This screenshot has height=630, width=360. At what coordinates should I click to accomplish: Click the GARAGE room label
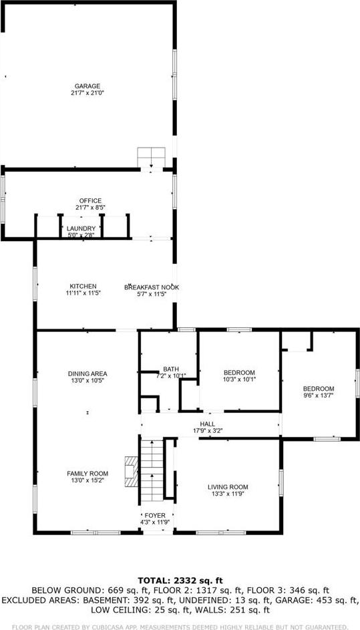87,86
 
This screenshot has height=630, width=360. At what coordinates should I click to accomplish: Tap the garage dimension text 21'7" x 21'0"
87,93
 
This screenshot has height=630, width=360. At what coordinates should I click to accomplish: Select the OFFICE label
90,200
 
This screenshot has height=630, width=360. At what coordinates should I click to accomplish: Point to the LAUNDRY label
81,228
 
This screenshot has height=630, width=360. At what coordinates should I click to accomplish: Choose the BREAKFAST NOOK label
152,287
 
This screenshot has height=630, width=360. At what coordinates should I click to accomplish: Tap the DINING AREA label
87,373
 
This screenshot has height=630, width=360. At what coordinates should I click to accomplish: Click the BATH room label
170,369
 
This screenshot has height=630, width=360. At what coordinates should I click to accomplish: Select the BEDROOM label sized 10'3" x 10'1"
239,372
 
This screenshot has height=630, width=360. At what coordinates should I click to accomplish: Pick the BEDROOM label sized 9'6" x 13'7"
319,388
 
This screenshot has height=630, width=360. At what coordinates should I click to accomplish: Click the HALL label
207,424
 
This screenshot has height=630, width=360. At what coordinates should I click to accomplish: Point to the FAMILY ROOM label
87,473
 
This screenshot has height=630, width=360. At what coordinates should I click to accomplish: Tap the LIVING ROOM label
228,487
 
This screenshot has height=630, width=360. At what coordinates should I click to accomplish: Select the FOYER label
155,515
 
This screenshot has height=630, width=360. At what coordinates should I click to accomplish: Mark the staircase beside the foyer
152,471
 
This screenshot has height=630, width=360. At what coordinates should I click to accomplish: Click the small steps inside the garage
150,157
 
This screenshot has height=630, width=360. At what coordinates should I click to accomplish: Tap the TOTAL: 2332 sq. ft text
180,580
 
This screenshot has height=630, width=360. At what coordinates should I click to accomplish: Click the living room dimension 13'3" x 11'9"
228,494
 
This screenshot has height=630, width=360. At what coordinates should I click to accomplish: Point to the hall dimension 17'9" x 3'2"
207,431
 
